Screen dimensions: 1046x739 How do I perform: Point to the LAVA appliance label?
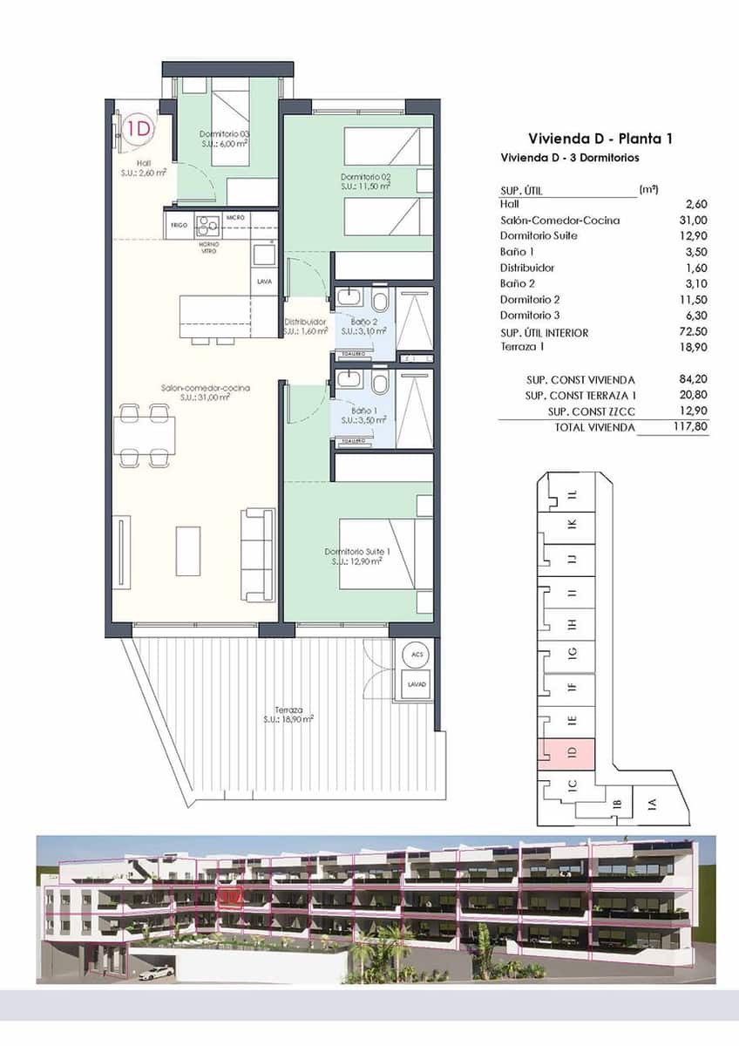coord(264,282)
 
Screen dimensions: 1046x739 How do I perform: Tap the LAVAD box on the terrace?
coord(417,685)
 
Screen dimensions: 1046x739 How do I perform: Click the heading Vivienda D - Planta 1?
coord(600,139)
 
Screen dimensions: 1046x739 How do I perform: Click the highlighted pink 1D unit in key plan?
coord(566,754)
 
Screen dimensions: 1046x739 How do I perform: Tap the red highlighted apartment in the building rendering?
coord(230,899)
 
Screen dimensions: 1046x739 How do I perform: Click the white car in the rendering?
coord(156,972)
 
